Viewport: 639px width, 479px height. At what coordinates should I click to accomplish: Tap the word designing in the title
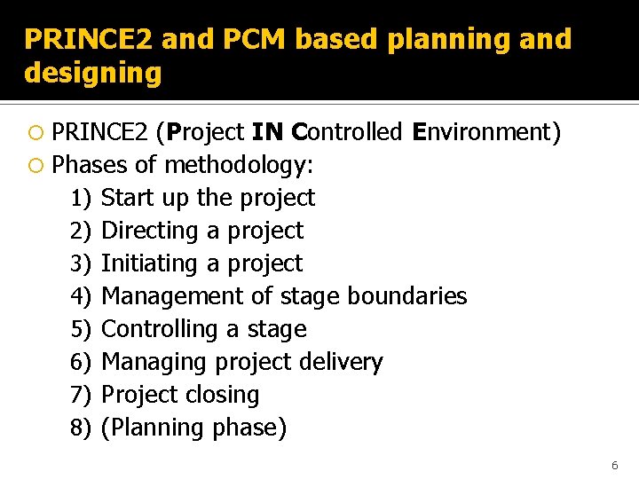(93, 73)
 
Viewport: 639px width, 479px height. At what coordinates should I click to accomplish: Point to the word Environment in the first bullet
(483, 132)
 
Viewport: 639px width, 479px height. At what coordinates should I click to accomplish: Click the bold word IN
(268, 132)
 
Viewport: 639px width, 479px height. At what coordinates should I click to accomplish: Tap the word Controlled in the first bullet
(347, 132)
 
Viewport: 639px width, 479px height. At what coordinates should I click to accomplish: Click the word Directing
(151, 231)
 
